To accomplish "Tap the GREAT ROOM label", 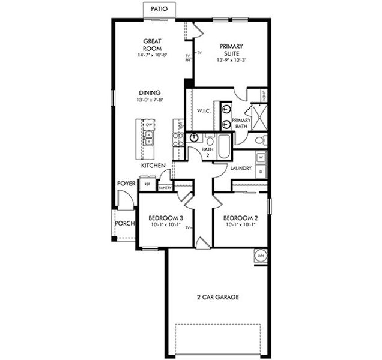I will (151, 45).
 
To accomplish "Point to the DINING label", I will (149, 92).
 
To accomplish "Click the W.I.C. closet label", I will (203, 111).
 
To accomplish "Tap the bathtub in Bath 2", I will (224, 145).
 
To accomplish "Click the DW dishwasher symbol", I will (148, 125).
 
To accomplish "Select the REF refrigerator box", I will (147, 185).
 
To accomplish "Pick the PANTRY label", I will (166, 188).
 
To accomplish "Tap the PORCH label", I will (125, 224).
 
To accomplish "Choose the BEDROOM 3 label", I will (162, 218).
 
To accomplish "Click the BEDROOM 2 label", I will (240, 218).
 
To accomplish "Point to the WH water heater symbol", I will (261, 255).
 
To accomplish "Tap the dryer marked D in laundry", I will (260, 172).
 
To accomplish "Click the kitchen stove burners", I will (178, 139).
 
